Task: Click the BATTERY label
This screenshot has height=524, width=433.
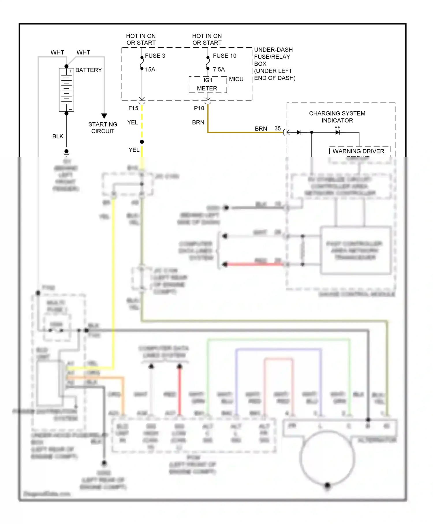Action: pos(88,70)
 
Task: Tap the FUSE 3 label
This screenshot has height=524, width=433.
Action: pos(155,56)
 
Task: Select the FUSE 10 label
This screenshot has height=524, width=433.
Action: pos(225,56)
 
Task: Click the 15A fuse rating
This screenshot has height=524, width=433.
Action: pos(150,70)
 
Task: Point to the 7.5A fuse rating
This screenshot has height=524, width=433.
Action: pos(219,70)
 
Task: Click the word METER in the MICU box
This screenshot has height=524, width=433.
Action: pos(207,88)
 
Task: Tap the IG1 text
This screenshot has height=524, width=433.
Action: pos(208,80)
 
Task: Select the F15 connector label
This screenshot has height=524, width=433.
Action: pos(133,108)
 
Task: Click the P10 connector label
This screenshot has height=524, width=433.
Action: pos(199,108)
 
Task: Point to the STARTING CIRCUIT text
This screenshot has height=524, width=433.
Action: pos(103,128)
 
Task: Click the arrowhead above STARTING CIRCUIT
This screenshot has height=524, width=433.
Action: pos(104,116)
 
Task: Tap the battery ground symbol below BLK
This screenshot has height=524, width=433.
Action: pos(66,152)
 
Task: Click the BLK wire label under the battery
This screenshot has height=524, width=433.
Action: pos(58,136)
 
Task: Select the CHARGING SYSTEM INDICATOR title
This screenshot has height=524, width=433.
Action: pos(337,117)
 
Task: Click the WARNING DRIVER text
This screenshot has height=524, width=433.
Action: pos(358,151)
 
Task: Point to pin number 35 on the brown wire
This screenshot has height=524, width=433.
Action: pos(278,129)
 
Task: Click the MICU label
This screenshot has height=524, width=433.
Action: pos(236,79)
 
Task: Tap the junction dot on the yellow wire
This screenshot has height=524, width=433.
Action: pos(142,142)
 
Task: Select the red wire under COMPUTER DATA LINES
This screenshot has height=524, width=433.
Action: pos(180,390)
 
